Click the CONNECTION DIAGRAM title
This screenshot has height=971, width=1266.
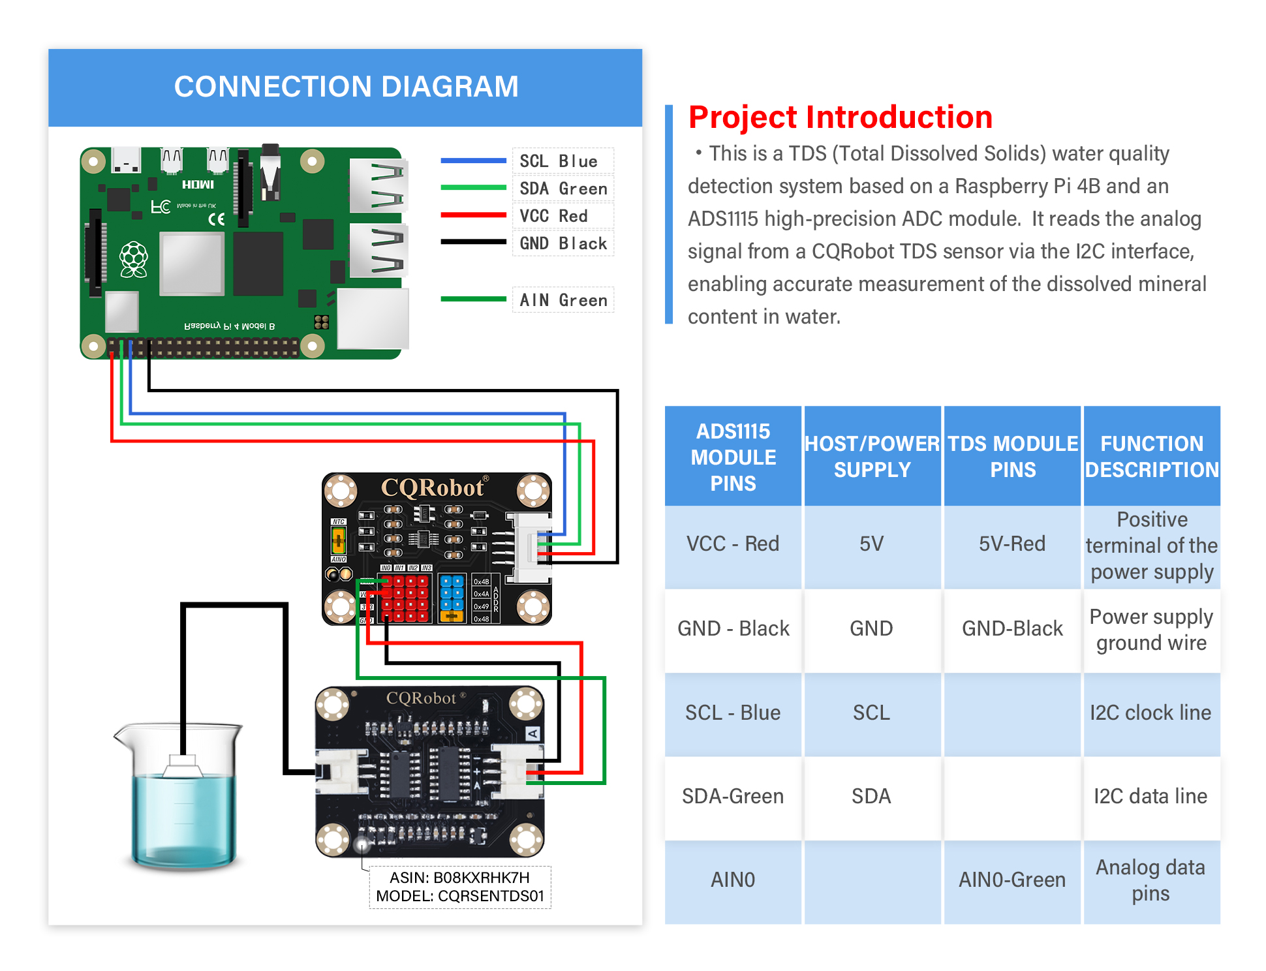pos(346,87)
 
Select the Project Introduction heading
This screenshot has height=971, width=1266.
pos(840,117)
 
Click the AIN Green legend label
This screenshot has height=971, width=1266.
pos(563,300)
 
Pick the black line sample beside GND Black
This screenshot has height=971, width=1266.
pos(473,242)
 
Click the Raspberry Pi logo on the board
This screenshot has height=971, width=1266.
pos(134,259)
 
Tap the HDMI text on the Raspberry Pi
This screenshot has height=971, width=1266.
pos(198,185)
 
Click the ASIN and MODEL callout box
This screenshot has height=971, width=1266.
pos(460,887)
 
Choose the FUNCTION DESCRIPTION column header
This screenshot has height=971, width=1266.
pos(1152,456)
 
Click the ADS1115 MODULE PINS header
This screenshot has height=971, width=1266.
pos(733,457)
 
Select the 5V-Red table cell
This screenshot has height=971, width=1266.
pos(1012,544)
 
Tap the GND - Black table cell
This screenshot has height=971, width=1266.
pos(733,628)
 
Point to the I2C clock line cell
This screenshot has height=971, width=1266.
pos(1150,713)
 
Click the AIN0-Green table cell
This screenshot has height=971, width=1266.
pos(1012,880)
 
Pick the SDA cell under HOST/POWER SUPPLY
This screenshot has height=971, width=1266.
pos(871,796)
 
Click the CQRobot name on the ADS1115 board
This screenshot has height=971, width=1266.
pos(432,487)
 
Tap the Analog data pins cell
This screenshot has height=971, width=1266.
pos(1150,880)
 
